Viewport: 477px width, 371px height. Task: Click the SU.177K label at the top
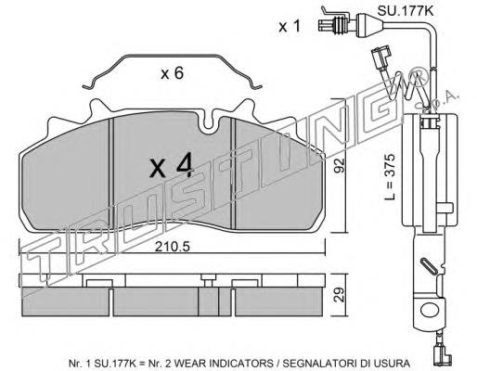(406, 10)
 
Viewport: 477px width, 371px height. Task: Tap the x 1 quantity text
(290, 26)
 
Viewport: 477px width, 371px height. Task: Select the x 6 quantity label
(173, 74)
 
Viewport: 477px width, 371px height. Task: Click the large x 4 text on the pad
(171, 166)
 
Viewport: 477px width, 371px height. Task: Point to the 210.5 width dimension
(173, 247)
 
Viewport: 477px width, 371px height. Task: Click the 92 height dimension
(339, 167)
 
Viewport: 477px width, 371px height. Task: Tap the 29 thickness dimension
(339, 295)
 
